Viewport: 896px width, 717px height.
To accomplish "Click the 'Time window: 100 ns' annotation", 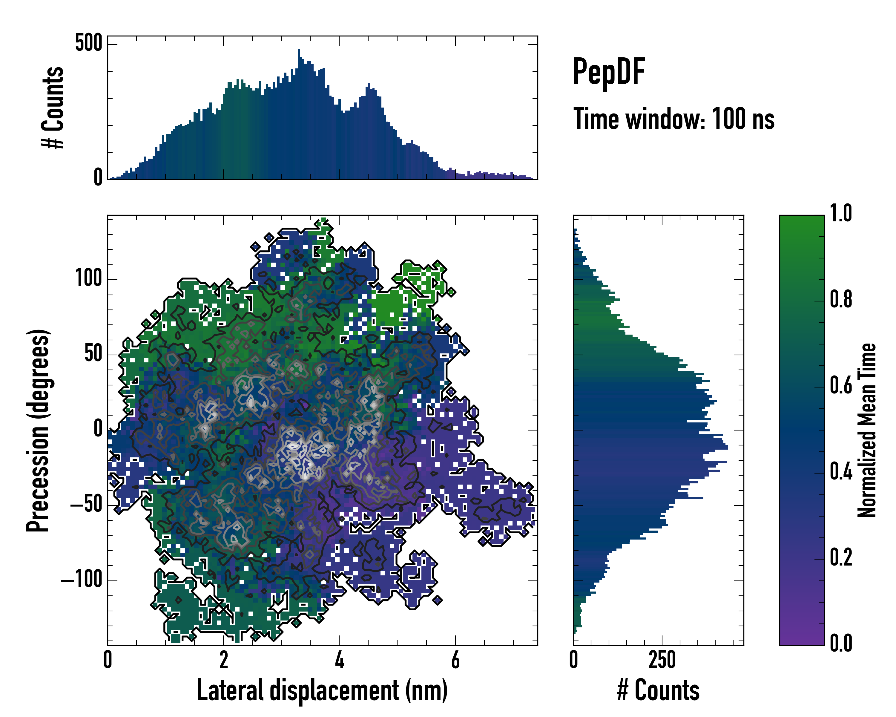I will (x=674, y=119).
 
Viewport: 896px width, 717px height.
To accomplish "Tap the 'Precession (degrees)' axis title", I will (x=38, y=430).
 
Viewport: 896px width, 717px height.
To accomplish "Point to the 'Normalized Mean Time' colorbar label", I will (x=867, y=430).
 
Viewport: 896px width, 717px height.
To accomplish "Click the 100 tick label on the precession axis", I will (x=88, y=278).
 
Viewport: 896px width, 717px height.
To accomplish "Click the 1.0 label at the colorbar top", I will (x=841, y=214).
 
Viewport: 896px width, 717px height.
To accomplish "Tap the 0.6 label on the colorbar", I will (x=841, y=385).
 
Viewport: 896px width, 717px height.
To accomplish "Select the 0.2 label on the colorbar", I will (x=841, y=557).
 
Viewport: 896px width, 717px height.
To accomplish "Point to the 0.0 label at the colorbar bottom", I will (x=841, y=644).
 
